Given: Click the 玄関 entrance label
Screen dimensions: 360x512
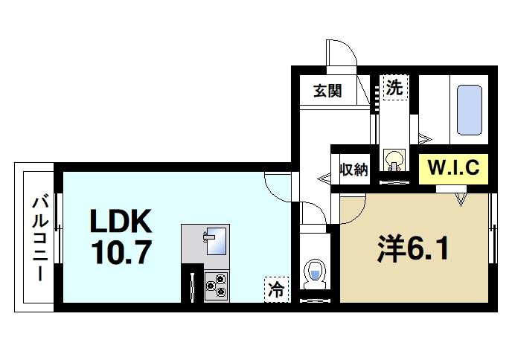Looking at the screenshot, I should [327, 91].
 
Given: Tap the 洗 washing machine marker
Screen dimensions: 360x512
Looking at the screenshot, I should [393, 87].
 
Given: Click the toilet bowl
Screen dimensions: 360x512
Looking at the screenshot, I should [316, 273].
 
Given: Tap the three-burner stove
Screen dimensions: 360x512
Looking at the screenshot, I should [216, 285].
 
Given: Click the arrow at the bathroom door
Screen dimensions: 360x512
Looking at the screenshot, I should [426, 138].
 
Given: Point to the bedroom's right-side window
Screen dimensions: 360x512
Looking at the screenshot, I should [493, 228].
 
